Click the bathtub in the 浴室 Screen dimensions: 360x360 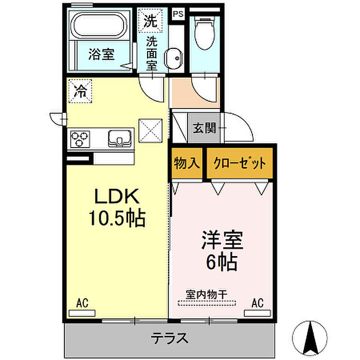[x=99, y=25]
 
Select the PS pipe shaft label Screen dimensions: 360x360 [x=178, y=14]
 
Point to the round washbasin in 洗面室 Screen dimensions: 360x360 [x=174, y=58]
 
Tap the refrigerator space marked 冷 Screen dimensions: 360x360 [x=80, y=91]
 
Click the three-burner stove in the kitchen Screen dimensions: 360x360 [x=80, y=139]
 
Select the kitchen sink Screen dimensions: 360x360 [x=120, y=138]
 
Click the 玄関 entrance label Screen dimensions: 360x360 [x=204, y=128]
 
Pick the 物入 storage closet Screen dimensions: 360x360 [x=187, y=163]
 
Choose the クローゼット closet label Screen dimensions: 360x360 [x=240, y=163]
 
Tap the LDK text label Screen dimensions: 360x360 [x=117, y=196]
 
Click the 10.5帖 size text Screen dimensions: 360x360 [x=117, y=218]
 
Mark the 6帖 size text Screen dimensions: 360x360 [x=222, y=262]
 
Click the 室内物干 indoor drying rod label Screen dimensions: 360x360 [x=206, y=294]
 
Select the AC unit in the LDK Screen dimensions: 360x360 [x=82, y=313]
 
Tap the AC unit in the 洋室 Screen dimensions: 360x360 [x=257, y=313]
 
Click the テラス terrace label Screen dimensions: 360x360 [x=169, y=338]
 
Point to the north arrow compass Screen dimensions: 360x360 [x=310, y=338]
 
